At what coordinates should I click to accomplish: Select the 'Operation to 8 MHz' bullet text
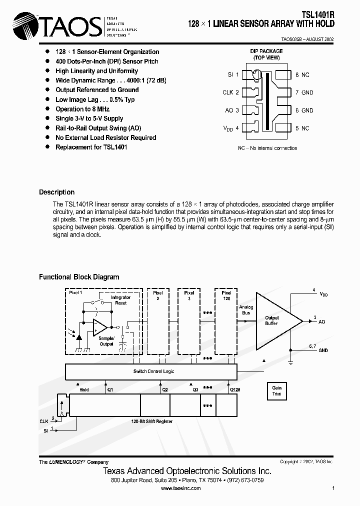coord(82,109)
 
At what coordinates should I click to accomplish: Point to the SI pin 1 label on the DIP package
coord(233,74)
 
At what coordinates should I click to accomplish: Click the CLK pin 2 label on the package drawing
coord(230,92)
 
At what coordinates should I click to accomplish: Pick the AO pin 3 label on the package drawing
coord(232,110)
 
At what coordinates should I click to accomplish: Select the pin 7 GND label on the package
coord(304,92)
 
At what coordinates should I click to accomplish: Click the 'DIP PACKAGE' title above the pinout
coord(267,51)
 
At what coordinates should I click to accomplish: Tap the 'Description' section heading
coord(56,192)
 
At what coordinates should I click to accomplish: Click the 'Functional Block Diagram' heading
coord(79,277)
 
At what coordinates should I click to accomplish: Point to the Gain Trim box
coord(276,390)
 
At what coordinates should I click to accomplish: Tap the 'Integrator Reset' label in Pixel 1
coord(120,300)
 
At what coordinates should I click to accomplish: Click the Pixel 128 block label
coord(226,295)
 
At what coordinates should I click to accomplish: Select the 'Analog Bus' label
coord(246,310)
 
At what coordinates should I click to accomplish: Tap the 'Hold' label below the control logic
coord(84,389)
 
